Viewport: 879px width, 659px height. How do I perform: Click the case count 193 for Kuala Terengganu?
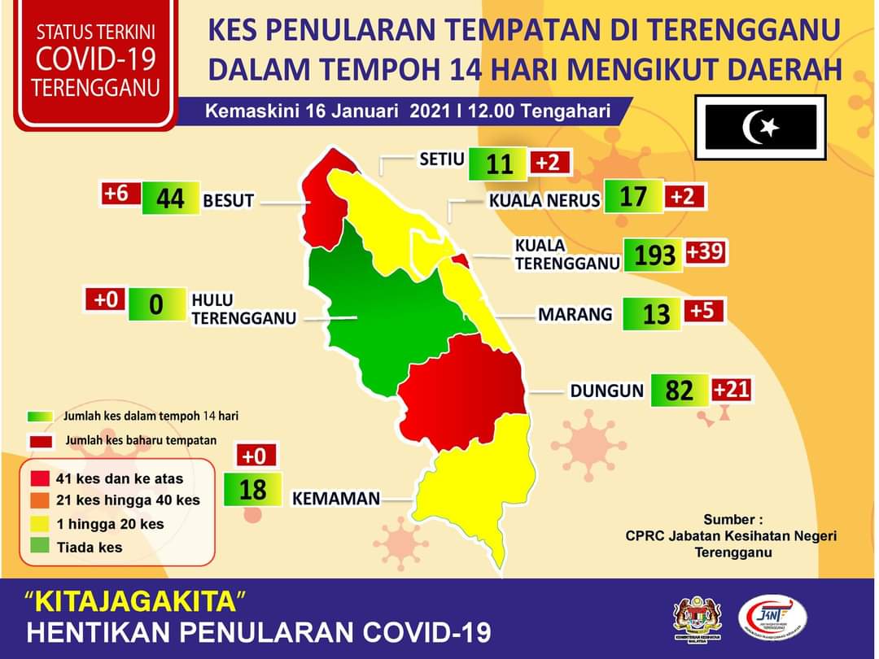(654, 255)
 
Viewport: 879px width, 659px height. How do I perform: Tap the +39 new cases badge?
(705, 252)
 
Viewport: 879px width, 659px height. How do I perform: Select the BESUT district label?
(229, 200)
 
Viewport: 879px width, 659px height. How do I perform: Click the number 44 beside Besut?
(170, 198)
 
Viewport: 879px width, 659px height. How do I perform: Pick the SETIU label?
(441, 159)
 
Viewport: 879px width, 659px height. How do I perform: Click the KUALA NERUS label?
(544, 200)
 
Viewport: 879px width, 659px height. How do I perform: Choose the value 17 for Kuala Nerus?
(633, 197)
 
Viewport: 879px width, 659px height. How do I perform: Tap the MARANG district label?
(575, 314)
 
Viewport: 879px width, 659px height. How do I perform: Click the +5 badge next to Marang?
(703, 311)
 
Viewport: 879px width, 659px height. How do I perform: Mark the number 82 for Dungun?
(679, 391)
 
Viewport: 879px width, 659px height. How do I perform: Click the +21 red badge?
(730, 390)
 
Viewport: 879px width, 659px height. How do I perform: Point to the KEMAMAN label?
(336, 498)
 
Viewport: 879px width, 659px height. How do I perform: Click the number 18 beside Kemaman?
(253, 489)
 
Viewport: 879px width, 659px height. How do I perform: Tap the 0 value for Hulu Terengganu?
(156, 304)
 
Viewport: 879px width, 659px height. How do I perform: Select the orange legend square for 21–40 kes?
(41, 500)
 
